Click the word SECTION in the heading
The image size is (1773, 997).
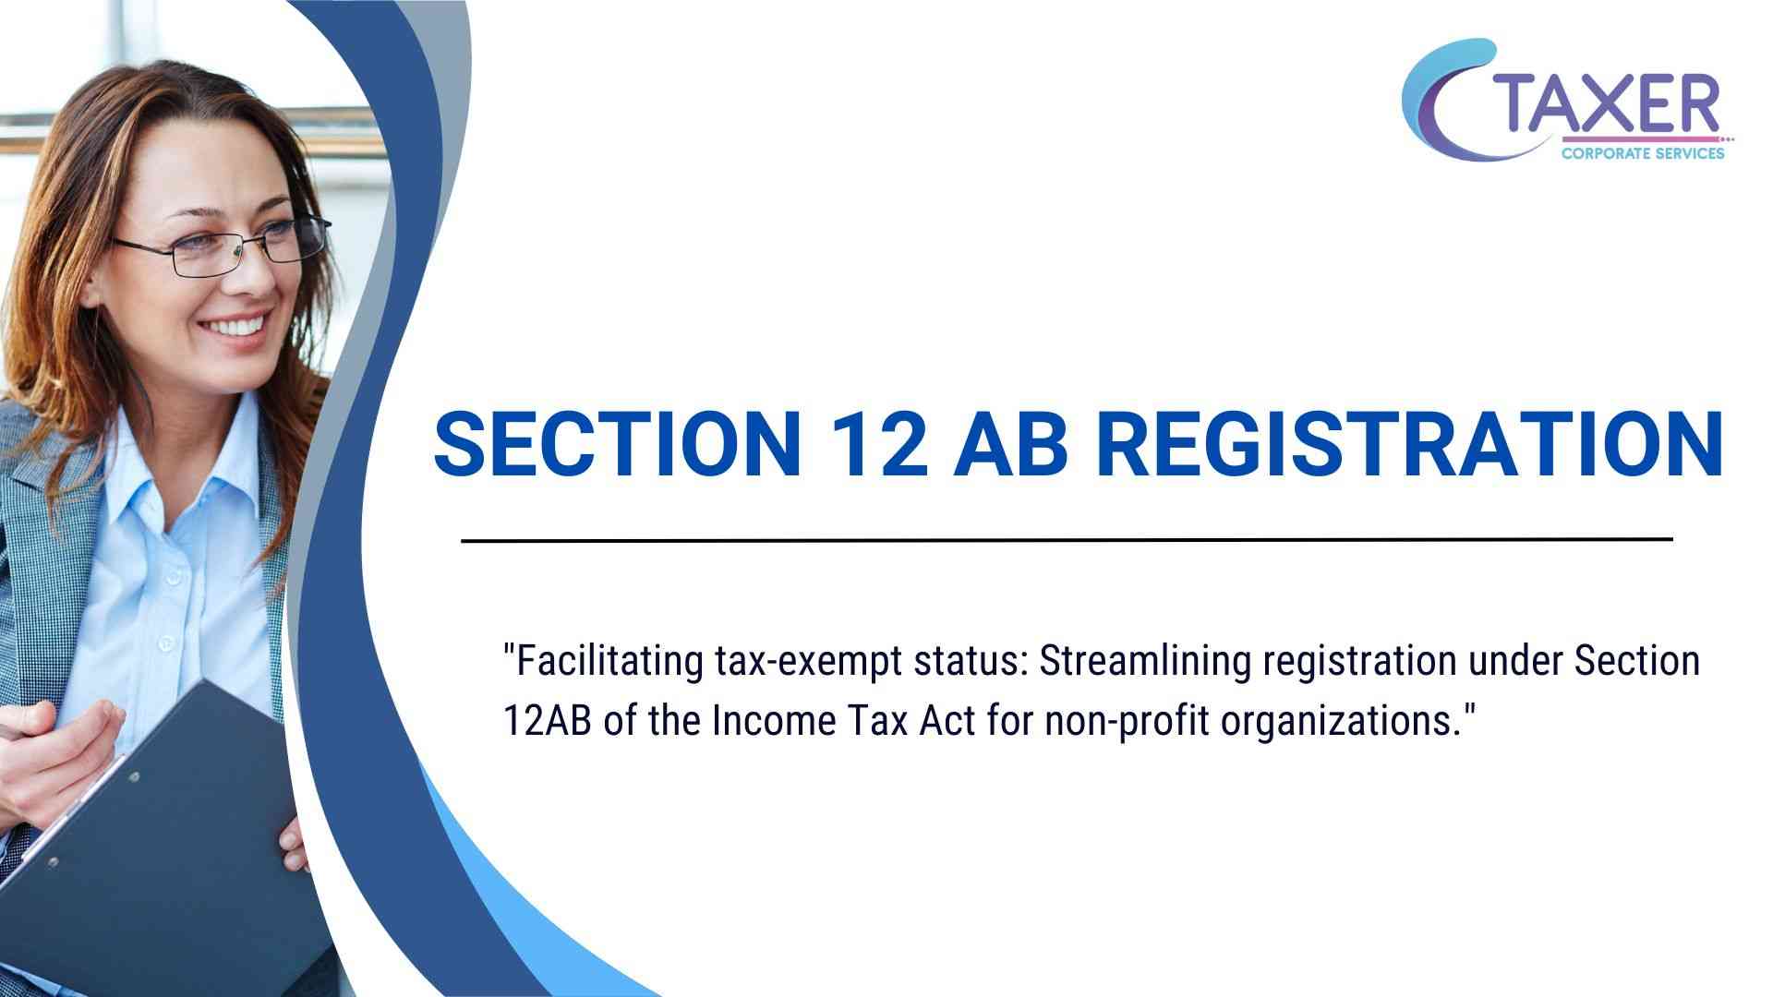tap(618, 444)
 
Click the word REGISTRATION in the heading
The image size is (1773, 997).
tap(1408, 444)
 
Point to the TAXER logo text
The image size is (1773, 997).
tap(1609, 105)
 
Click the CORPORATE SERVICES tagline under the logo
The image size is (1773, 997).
tap(1643, 153)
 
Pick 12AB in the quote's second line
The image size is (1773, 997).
tap(548, 721)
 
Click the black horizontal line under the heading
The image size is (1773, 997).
tap(1067, 540)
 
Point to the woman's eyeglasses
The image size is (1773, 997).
tap(222, 244)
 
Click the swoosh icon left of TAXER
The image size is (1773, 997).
tap(1450, 102)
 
